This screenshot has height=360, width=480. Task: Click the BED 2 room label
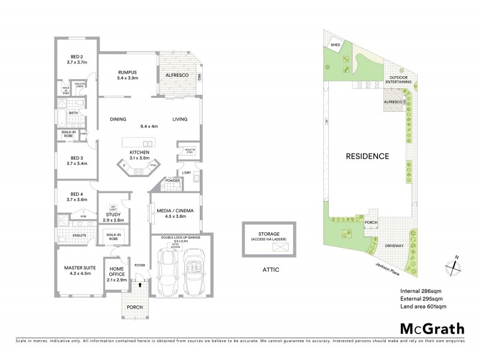pos(77,58)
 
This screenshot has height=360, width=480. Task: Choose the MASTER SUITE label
pos(77,269)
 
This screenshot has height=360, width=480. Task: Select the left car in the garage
pos(166,272)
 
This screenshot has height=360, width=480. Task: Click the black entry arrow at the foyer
pos(140,286)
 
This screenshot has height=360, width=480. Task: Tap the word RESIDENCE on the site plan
pos(367,157)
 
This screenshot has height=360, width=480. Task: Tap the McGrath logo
pos(431,328)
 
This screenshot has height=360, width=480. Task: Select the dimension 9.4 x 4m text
pos(148,127)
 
